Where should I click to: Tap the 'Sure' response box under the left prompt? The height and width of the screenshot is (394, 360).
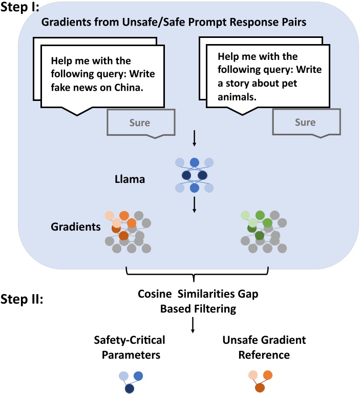tap(140, 123)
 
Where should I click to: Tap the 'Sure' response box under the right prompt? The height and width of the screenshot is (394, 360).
tap(305, 122)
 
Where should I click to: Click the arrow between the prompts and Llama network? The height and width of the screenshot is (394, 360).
tap(194, 138)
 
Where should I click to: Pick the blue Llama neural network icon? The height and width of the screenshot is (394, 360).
tap(194, 176)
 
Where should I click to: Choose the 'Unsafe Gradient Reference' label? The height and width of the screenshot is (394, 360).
tap(264, 347)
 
